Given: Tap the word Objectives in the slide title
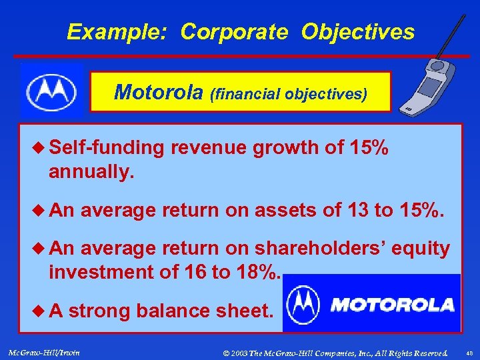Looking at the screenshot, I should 357,32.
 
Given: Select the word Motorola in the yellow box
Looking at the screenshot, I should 160,92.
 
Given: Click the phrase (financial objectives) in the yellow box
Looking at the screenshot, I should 289,94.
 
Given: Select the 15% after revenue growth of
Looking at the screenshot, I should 368,148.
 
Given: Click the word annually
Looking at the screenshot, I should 91,172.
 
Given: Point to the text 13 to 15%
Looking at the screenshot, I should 395,211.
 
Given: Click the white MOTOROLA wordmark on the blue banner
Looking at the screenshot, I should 393,305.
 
